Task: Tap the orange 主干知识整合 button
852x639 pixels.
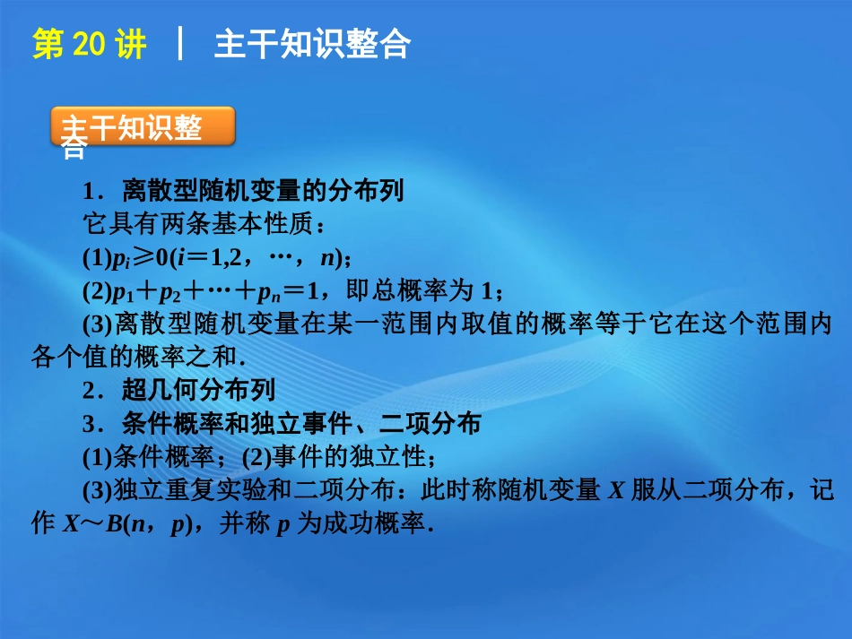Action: (143, 128)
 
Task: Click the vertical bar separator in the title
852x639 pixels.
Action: (181, 44)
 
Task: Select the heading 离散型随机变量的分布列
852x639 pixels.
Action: (264, 191)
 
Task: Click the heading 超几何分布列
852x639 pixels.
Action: (198, 390)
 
